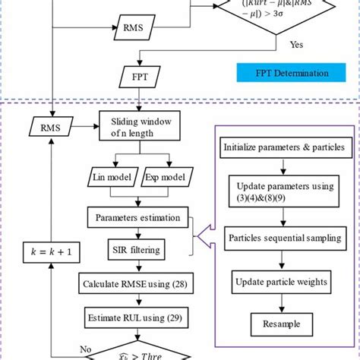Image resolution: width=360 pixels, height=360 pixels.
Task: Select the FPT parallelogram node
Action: click(138, 76)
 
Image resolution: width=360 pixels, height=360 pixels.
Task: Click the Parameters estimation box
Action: click(137, 218)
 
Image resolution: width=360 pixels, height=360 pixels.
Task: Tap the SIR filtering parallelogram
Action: click(138, 248)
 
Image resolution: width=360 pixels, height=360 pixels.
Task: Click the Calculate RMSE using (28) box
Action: click(137, 284)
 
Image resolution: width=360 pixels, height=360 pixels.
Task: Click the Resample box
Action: click(282, 324)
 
